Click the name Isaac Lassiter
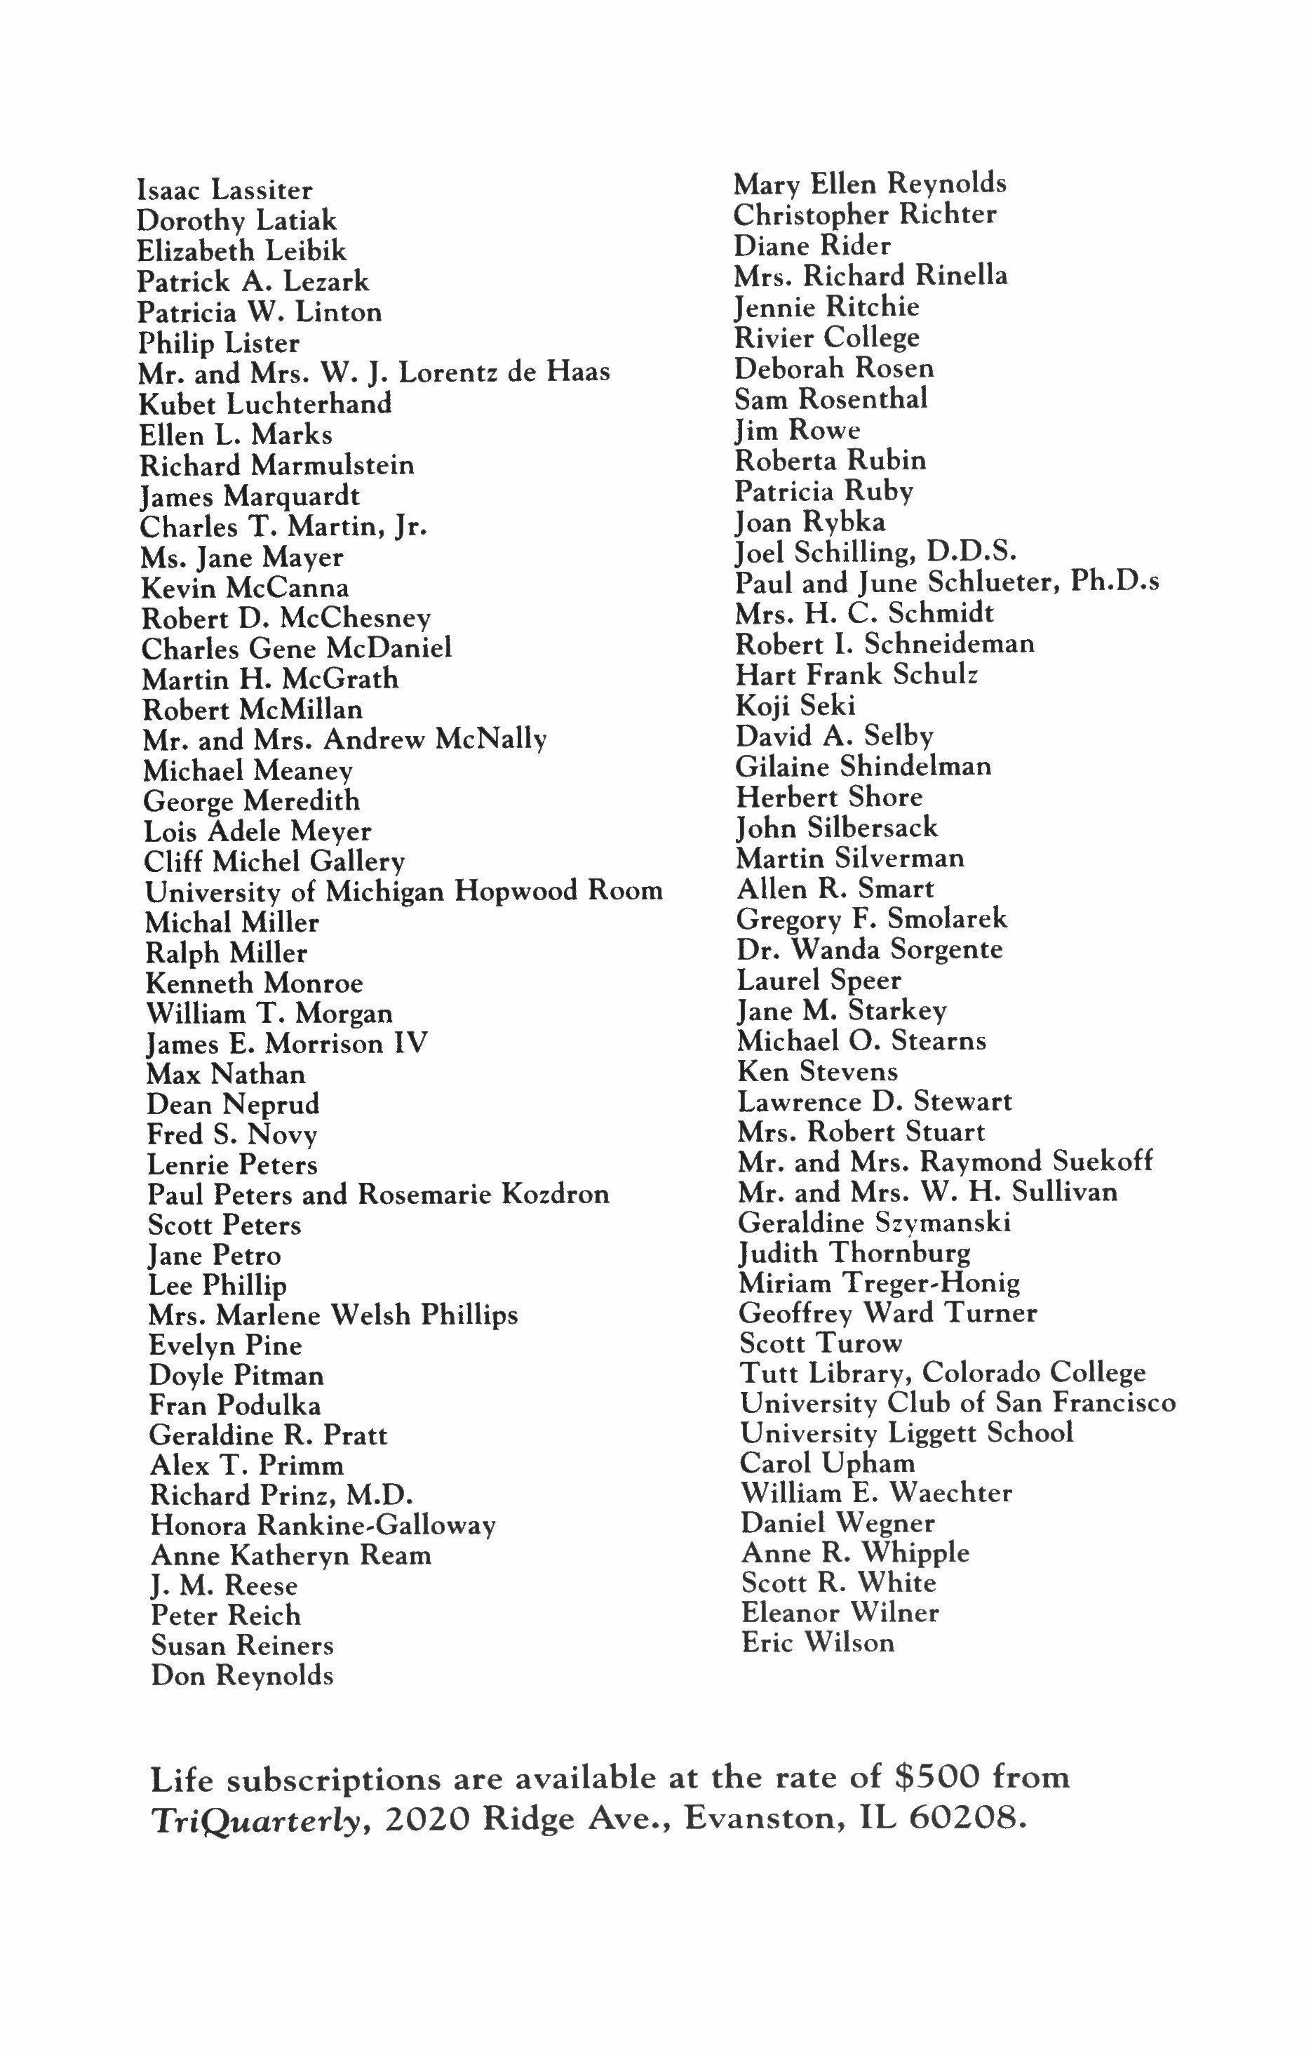(224, 191)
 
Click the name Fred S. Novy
(232, 1135)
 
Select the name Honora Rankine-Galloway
(323, 1527)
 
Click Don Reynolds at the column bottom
(242, 1676)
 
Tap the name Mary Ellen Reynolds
(870, 184)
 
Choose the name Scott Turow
(821, 1344)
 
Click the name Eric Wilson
(818, 1642)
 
